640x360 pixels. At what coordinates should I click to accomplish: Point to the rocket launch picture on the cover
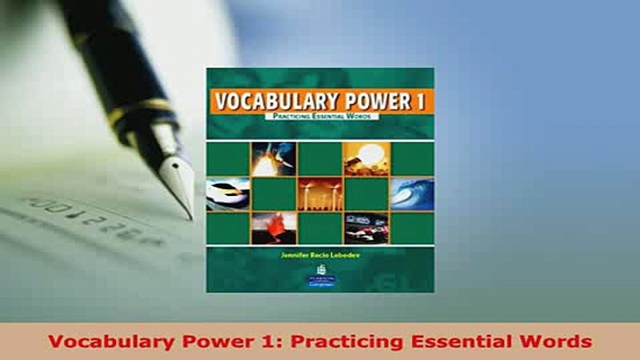[x=273, y=159]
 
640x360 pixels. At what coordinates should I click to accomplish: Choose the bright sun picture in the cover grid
[x=366, y=159]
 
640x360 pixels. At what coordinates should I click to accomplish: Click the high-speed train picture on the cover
[x=227, y=194]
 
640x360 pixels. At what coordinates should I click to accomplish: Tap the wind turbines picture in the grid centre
[x=320, y=194]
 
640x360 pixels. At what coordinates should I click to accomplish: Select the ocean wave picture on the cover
[x=412, y=194]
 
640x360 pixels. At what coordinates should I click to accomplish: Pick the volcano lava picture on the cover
[x=273, y=228]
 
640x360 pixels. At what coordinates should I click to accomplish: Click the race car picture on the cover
[x=366, y=228]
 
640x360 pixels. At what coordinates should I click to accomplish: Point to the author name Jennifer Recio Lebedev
[x=320, y=254]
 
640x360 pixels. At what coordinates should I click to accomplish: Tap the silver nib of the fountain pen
[x=176, y=175]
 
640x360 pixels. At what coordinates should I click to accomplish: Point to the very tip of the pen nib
[x=191, y=218]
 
